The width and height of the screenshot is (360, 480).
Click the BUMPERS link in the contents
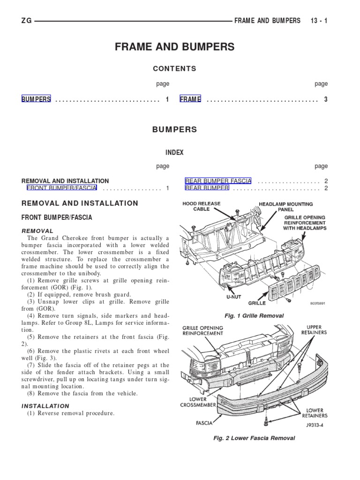click(x=36, y=99)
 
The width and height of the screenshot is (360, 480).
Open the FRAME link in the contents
click(x=190, y=99)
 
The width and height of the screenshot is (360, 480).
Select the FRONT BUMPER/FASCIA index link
click(x=62, y=188)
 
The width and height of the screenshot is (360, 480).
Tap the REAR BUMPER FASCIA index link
click(x=218, y=181)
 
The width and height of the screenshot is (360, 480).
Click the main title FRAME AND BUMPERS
click(x=174, y=47)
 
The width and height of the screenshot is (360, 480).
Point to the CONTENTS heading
click(x=174, y=68)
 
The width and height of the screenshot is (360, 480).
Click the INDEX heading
click(x=174, y=153)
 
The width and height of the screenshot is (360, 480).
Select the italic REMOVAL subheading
click(x=37, y=231)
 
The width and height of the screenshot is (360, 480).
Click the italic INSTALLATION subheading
click(x=45, y=406)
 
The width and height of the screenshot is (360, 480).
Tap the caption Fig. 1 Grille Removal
click(x=254, y=315)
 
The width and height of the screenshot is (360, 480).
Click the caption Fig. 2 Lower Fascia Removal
click(x=254, y=438)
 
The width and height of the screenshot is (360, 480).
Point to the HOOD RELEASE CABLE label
click(x=202, y=206)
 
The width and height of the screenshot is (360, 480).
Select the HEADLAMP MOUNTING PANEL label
click(x=286, y=207)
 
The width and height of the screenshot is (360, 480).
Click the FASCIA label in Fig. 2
click(x=204, y=423)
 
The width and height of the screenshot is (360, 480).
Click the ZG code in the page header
click(x=26, y=21)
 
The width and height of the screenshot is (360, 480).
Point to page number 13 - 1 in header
click(x=319, y=21)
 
